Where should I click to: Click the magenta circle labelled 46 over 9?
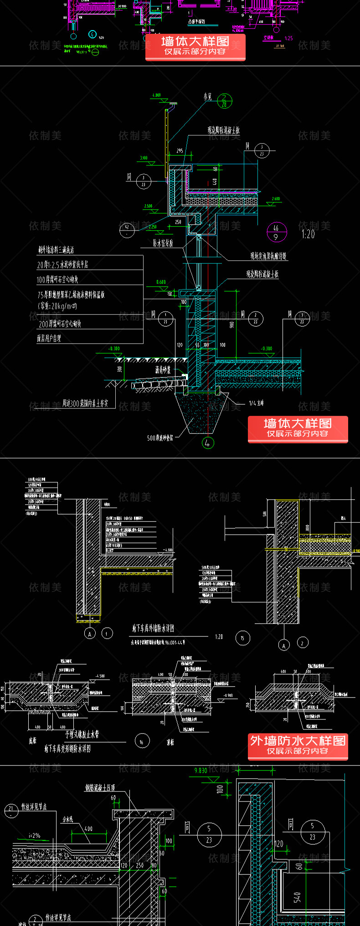coord(276,232)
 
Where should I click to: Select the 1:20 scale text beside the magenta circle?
coord(308,234)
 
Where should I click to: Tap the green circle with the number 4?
coord(208,442)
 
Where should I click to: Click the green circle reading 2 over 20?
coord(224,100)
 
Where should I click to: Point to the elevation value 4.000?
coord(156,96)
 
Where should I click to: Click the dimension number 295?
coord(180,151)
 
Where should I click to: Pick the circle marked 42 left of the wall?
coord(127,230)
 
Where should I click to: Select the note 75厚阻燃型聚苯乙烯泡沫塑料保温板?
coord(71,295)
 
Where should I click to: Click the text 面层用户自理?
coord(49,338)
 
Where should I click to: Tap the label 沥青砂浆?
coord(163,370)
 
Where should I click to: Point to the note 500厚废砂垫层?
coord(160,438)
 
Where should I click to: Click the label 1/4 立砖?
coord(256,403)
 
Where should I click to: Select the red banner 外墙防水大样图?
coord(298,746)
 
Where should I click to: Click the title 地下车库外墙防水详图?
coord(153,629)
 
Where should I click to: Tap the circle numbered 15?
coord(242,638)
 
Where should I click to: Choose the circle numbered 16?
coord(142,742)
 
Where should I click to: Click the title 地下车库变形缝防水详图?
coord(67,749)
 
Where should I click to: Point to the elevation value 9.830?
coord(201,770)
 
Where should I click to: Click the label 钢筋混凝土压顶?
coord(100,787)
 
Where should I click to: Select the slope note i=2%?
coord(35,836)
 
